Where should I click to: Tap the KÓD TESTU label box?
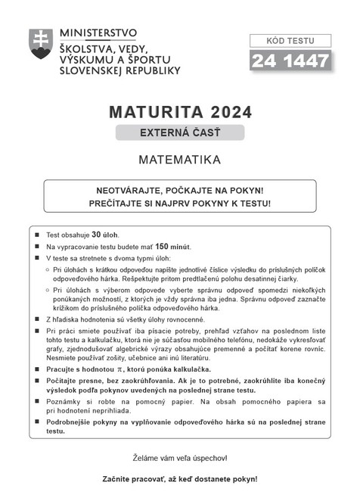(290, 40)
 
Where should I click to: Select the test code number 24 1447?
(290, 60)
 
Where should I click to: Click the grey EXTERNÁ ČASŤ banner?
(179, 133)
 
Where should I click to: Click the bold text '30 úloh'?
(106, 235)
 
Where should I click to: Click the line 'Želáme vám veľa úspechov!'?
(179, 458)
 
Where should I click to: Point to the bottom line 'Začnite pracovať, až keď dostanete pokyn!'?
(179, 478)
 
